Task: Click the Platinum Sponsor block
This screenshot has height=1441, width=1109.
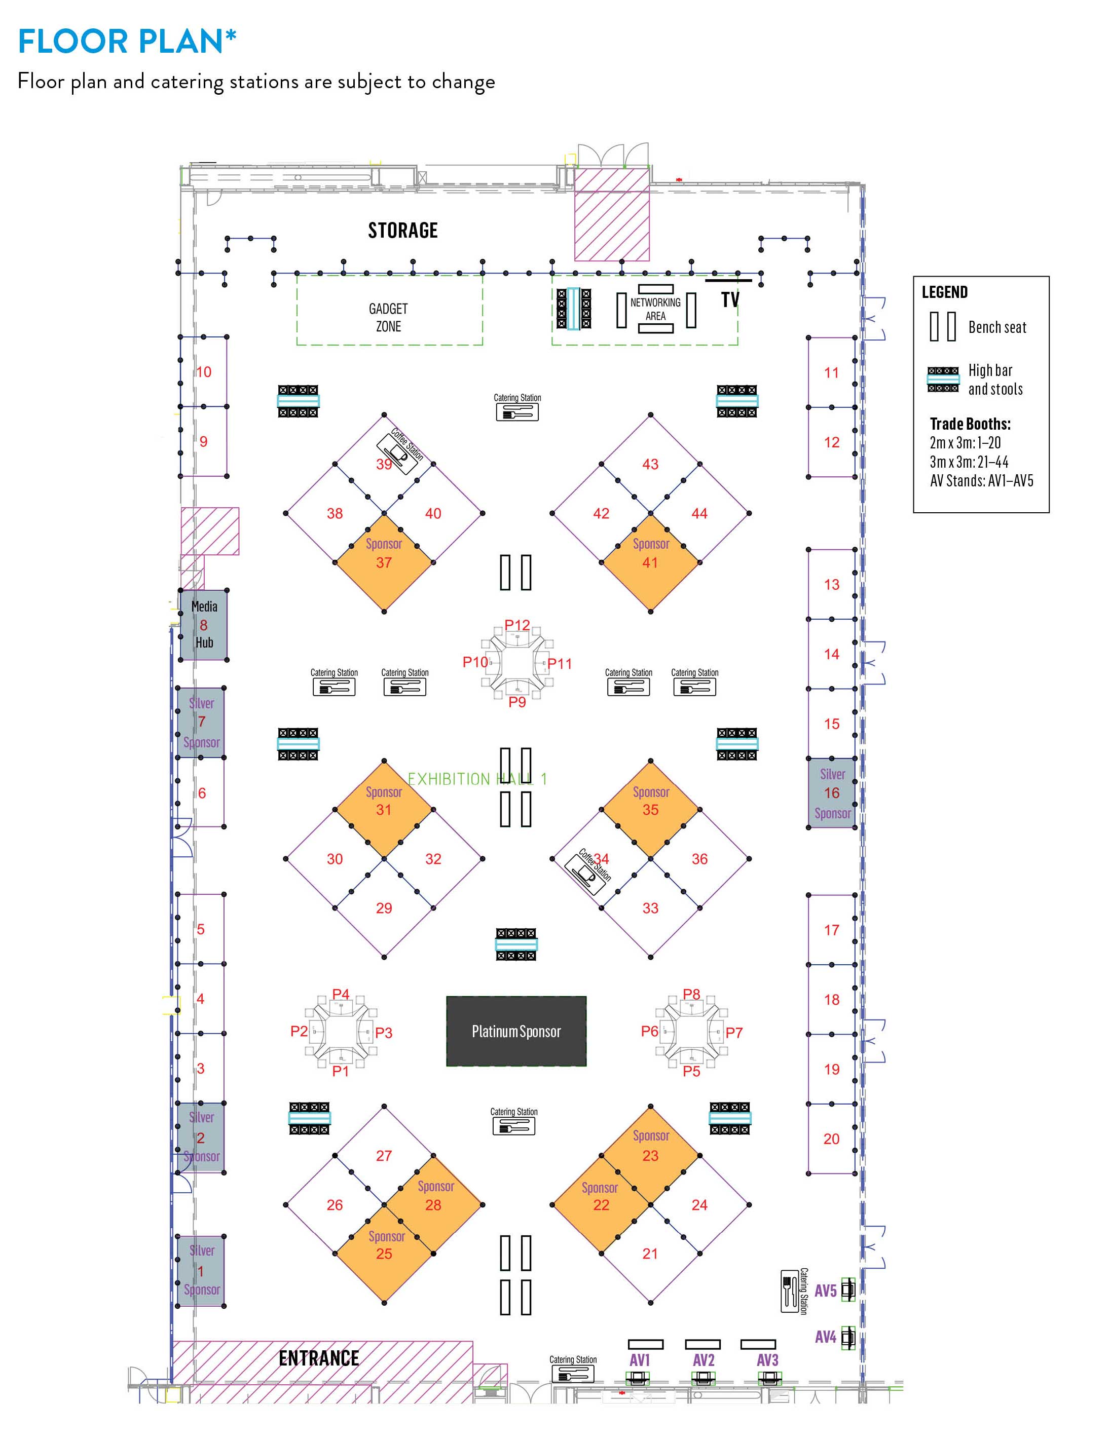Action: click(x=516, y=1031)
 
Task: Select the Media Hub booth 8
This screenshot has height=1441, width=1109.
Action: click(x=204, y=624)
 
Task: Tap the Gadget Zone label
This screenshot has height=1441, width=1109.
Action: click(x=388, y=317)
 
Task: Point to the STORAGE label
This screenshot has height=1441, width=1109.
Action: click(x=402, y=230)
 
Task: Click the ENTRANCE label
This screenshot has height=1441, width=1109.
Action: click(x=319, y=1358)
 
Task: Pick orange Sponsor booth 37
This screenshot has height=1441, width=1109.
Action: click(x=384, y=562)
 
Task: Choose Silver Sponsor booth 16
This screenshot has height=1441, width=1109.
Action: click(x=832, y=793)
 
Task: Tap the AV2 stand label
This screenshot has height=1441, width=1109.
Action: click(x=704, y=1360)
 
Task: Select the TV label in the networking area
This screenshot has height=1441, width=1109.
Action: click(x=730, y=300)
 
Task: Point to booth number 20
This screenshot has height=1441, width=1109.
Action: click(x=831, y=1139)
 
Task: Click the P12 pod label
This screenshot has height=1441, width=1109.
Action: click(x=517, y=625)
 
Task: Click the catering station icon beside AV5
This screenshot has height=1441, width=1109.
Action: click(x=790, y=1291)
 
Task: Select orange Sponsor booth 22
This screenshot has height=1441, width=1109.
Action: click(x=601, y=1205)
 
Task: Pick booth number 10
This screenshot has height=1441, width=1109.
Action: click(x=203, y=372)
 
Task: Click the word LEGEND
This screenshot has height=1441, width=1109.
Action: click(x=945, y=292)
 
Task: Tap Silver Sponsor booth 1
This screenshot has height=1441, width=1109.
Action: click(x=201, y=1271)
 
